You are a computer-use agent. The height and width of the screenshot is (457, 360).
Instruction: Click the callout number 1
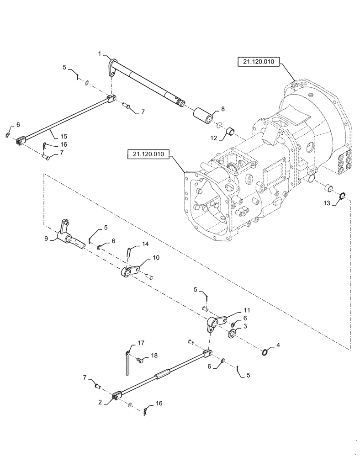click(99, 54)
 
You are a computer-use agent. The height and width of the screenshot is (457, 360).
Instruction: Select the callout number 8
click(223, 109)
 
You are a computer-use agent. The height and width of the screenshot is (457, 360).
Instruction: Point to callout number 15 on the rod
click(64, 136)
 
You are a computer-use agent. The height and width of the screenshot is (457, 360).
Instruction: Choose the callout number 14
click(145, 244)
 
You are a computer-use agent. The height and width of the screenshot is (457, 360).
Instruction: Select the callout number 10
click(156, 258)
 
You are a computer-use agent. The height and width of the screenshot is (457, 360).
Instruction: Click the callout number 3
click(245, 326)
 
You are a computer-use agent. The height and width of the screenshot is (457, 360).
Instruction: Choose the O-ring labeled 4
click(267, 351)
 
